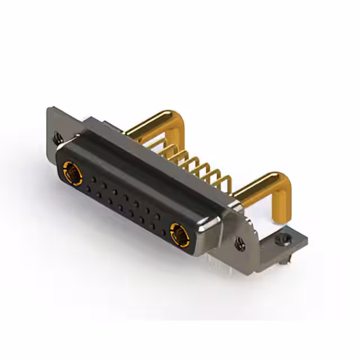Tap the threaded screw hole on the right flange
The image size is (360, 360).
pos(240,244)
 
